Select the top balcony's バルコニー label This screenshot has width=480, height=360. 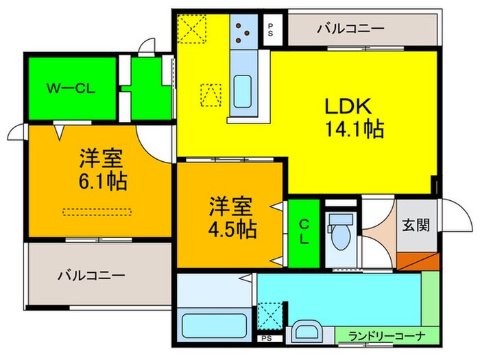point(350,29)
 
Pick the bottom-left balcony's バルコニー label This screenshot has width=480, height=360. point(91,276)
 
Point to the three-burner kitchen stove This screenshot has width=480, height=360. point(242,32)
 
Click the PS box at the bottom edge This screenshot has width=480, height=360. point(265,338)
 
